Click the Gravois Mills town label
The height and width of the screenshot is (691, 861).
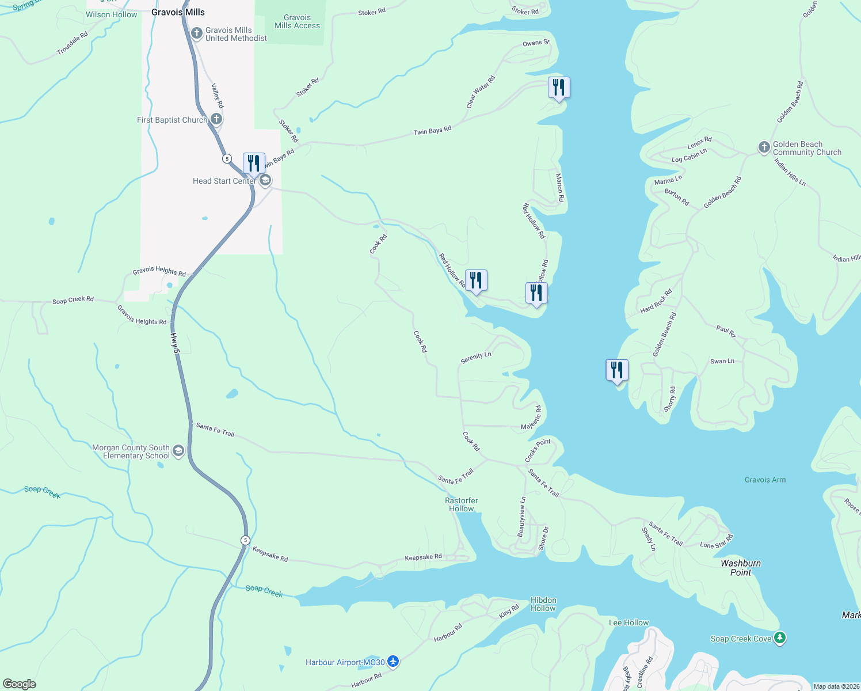(178, 12)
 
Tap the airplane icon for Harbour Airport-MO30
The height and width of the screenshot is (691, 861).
(393, 662)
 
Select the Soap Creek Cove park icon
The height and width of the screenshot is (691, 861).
(780, 638)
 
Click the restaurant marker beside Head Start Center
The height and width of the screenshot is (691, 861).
(254, 164)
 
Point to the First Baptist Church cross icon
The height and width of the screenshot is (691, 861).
(216, 119)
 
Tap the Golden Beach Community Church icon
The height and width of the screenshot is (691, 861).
(764, 147)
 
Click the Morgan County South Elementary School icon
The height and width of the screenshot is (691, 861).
(178, 451)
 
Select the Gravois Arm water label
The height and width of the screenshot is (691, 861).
(764, 480)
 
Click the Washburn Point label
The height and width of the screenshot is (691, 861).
(741, 568)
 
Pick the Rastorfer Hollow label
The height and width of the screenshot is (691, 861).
(461, 504)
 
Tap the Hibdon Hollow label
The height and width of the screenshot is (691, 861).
(543, 604)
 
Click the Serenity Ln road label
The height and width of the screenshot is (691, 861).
(476, 358)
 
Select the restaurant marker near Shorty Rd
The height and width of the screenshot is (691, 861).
(617, 370)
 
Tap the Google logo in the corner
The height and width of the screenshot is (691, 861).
(20, 684)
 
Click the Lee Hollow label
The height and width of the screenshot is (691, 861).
(628, 622)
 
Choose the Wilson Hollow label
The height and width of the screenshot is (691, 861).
(112, 14)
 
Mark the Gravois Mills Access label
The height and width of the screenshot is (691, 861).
(297, 21)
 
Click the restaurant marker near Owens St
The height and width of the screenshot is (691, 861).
(559, 88)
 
